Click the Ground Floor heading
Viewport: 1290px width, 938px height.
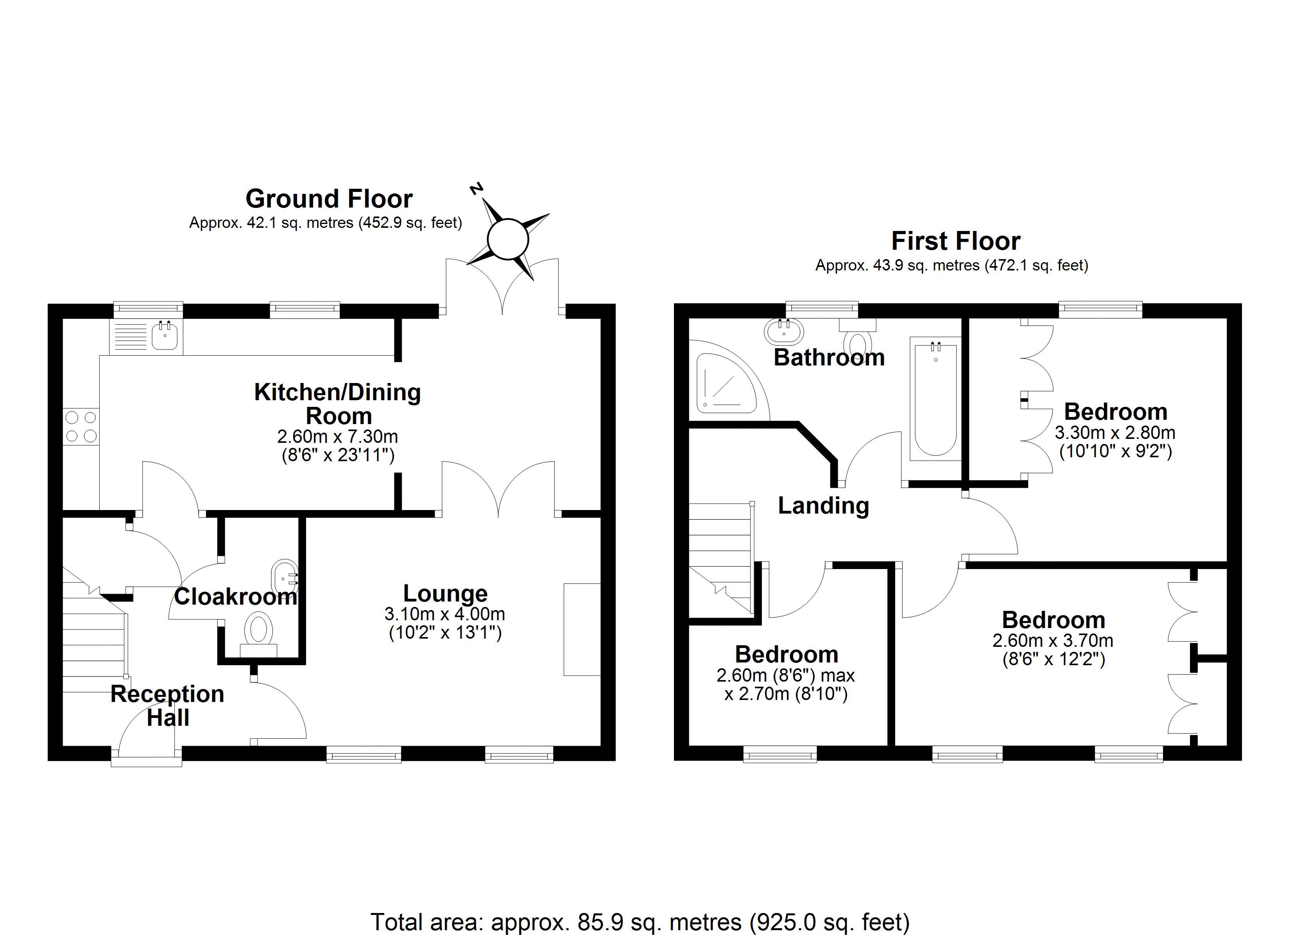pos(329,199)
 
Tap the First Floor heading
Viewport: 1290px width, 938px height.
pos(955,241)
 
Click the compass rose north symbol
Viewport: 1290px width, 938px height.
pos(477,188)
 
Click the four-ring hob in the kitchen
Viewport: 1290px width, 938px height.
pos(81,427)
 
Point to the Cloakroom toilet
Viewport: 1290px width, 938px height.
pos(259,634)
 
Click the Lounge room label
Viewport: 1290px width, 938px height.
pos(445,593)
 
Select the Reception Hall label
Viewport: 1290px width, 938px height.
pos(167,705)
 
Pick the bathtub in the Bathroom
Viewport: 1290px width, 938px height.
pos(936,398)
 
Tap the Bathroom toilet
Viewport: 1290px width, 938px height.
pos(858,338)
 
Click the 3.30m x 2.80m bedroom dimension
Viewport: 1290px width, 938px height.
pos(1115,433)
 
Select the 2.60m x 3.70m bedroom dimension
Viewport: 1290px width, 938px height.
pos(1053,641)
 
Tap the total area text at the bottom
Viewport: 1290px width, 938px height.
pos(640,922)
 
